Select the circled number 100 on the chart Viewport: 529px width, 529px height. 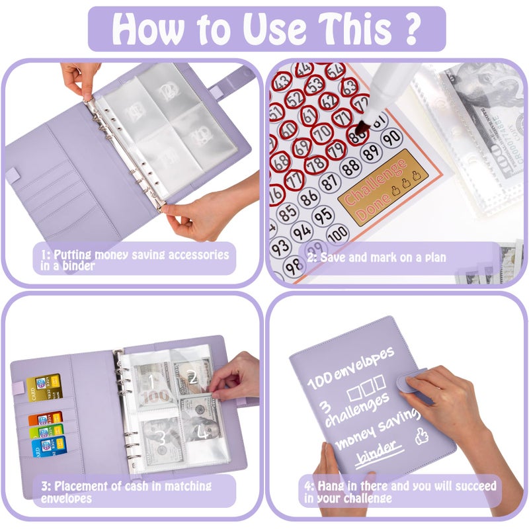point(337,233)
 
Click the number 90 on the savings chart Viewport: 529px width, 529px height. point(391,138)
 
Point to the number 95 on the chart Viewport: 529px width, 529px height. point(323,216)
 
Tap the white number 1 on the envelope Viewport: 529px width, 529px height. point(151,382)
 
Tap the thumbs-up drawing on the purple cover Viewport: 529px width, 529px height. point(419,437)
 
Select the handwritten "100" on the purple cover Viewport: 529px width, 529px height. point(319,382)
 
